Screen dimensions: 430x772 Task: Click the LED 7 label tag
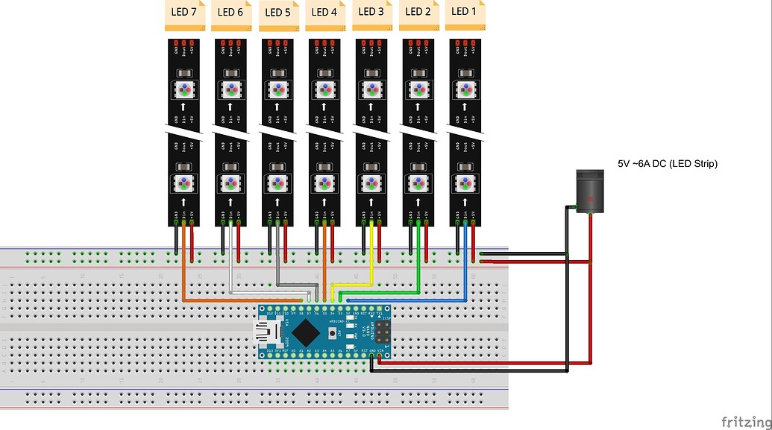pos(183,13)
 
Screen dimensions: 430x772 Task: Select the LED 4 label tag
pos(324,13)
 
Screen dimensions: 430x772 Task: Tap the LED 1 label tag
pos(464,13)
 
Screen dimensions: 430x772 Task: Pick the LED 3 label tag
pos(371,13)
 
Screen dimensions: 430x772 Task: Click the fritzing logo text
pos(746,421)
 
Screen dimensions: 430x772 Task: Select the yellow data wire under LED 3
pos(371,253)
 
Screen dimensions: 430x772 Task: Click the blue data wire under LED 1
pos(465,253)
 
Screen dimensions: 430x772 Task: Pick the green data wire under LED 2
pos(418,253)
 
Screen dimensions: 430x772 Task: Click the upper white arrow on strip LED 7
pos(183,108)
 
